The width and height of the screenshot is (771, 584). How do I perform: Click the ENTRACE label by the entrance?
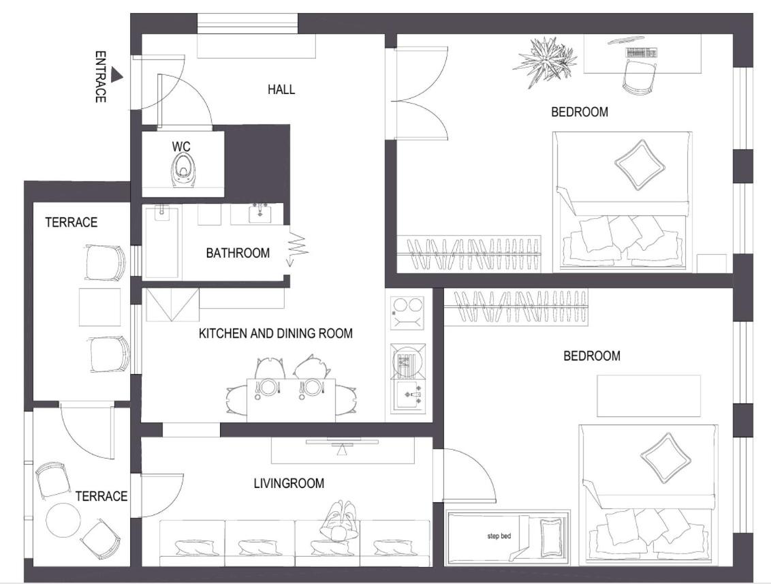[x=100, y=77]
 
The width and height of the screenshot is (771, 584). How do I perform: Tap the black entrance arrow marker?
[x=116, y=74]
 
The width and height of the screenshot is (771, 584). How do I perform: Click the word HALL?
[x=281, y=89]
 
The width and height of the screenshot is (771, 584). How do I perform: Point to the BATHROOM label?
[x=238, y=253]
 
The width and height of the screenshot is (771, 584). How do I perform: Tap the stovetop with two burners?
[x=407, y=313]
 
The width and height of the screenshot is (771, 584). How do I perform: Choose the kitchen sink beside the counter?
[x=408, y=395]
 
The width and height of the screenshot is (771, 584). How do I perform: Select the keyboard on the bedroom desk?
[x=641, y=52]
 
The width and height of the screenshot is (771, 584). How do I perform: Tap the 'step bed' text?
[x=499, y=536]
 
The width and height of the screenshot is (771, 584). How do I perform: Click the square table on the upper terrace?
[x=100, y=307]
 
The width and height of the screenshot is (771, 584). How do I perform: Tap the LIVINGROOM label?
[x=289, y=483]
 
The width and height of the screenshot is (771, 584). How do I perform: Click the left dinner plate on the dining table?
[x=268, y=386]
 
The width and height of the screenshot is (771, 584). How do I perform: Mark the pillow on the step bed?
[x=551, y=538]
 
